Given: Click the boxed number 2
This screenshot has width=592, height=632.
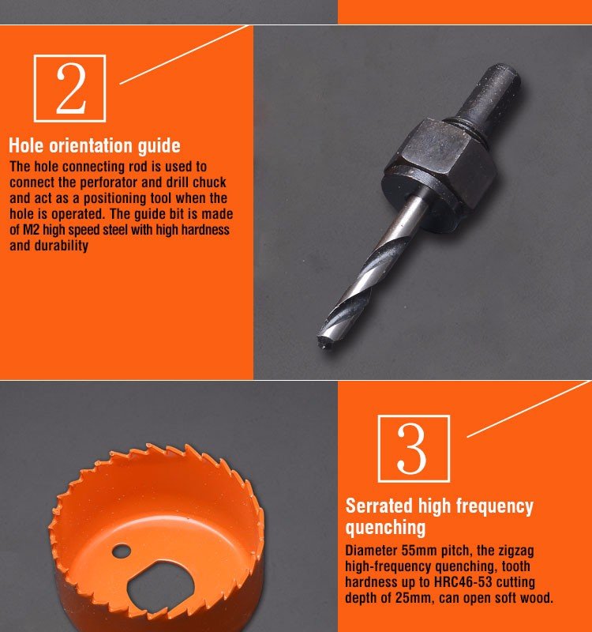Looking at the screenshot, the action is pyautogui.click(x=69, y=88).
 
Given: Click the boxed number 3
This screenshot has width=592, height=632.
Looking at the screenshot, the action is pyautogui.click(x=414, y=449).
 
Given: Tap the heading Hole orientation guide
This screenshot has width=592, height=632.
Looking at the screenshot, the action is pyautogui.click(x=95, y=146).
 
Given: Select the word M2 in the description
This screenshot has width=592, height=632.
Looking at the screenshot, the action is pyautogui.click(x=31, y=230).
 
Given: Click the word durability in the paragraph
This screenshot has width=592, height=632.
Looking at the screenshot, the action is pyautogui.click(x=62, y=246).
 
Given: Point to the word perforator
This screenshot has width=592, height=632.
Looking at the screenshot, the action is pyautogui.click(x=108, y=182).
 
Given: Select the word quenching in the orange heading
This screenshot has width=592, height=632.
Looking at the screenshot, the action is pyautogui.click(x=385, y=528).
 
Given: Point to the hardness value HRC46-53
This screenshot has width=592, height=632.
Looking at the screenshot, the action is pyautogui.click(x=463, y=582).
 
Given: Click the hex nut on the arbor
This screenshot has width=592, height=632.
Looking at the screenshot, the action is pyautogui.click(x=439, y=164).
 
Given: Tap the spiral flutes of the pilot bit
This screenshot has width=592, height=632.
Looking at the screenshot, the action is pyautogui.click(x=354, y=289).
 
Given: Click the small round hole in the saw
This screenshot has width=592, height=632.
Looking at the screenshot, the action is pyautogui.click(x=122, y=551).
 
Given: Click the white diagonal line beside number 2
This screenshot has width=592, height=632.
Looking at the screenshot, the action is pyautogui.click(x=184, y=55).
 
